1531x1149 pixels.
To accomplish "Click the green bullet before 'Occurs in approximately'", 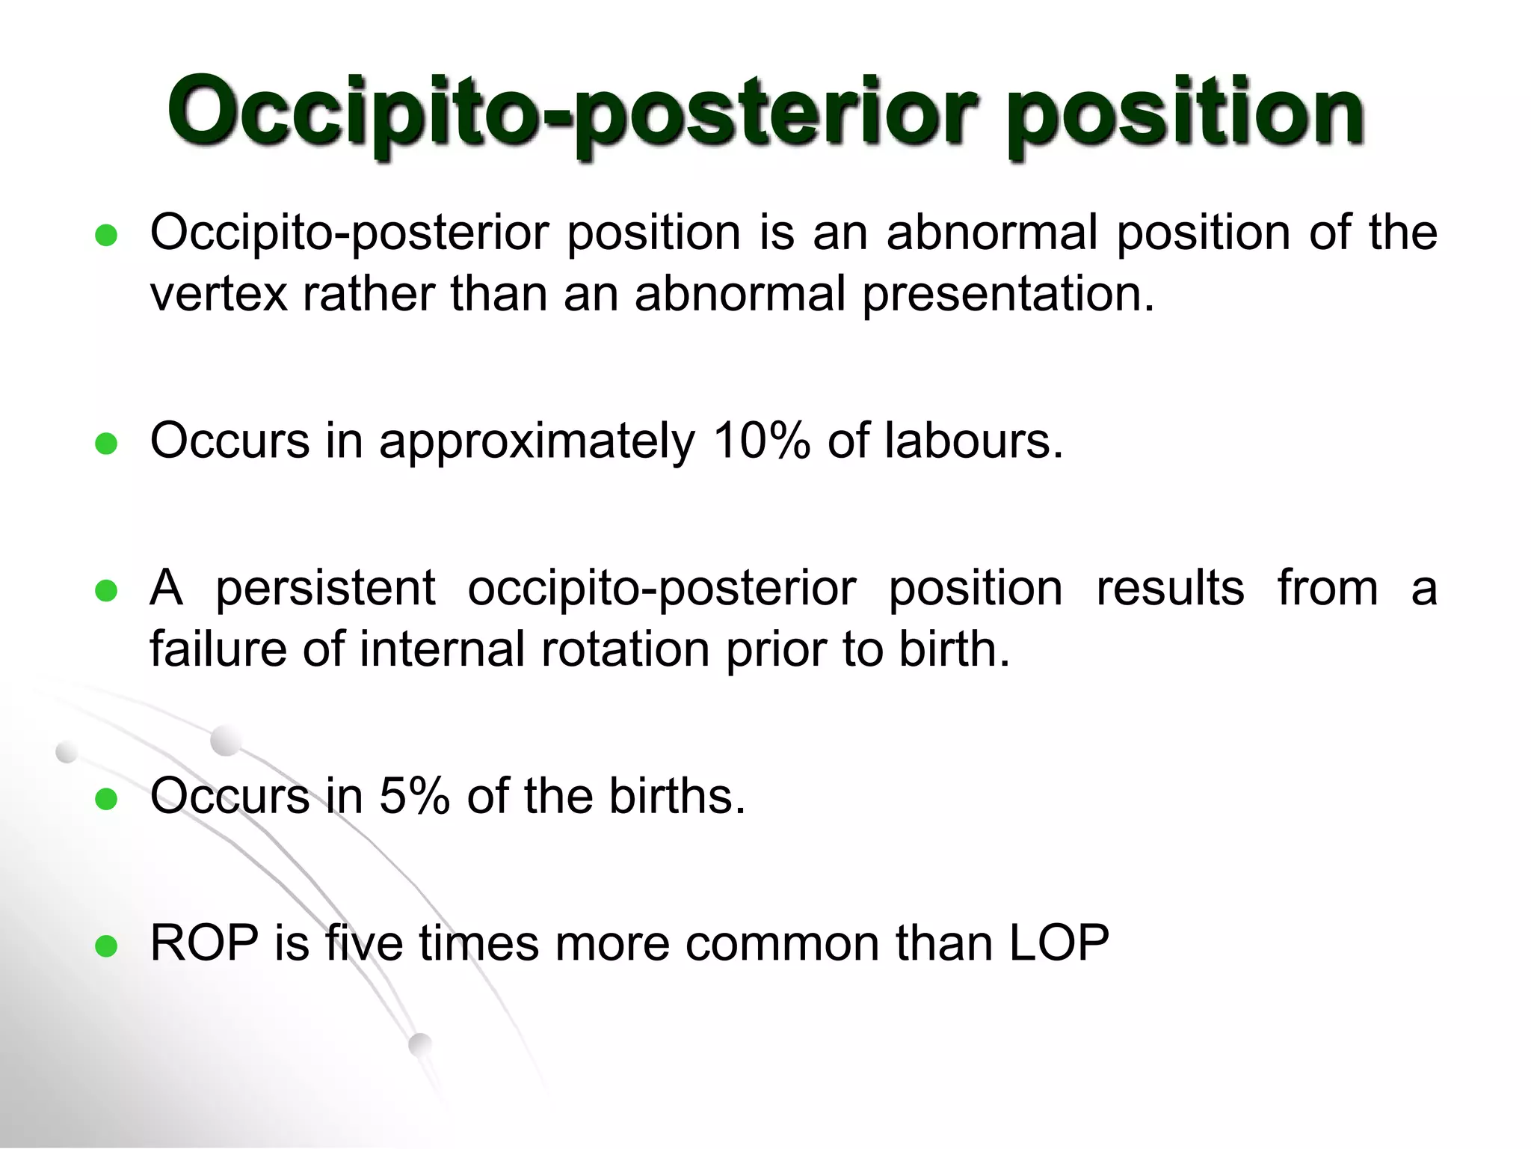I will (107, 444).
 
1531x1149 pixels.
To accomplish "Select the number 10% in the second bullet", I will (761, 441).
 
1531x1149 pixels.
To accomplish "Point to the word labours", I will (973, 441).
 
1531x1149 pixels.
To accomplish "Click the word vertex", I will (218, 294).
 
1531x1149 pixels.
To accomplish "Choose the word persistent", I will (325, 589).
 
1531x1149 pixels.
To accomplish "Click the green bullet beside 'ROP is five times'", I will (107, 946).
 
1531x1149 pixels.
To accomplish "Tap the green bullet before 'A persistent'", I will (107, 592).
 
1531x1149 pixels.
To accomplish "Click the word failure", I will (218, 649).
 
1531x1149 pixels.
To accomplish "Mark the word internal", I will (442, 649).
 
